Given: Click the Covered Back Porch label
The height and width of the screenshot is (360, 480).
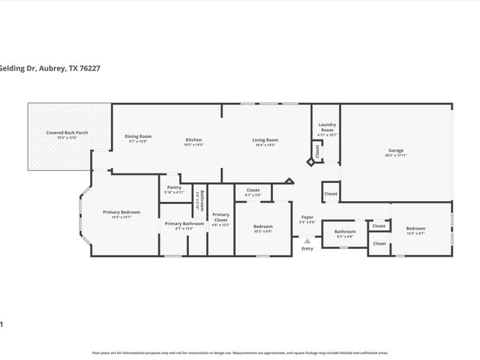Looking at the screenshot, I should point(67,133).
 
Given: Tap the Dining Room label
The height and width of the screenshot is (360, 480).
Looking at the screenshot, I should point(138,136).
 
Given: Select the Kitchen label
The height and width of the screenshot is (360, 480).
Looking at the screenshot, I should point(194,139).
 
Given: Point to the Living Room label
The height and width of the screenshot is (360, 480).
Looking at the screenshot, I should point(265,139).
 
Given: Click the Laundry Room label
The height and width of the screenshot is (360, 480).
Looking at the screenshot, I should point(327,127).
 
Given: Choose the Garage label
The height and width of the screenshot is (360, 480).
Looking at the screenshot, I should point(395,150).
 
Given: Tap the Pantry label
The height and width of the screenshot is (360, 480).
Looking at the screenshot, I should point(174,187).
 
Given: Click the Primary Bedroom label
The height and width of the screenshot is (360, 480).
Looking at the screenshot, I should point(121,212).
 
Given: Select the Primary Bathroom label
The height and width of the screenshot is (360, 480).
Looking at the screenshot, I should point(184,223).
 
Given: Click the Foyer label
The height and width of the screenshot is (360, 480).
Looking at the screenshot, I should point(307,217).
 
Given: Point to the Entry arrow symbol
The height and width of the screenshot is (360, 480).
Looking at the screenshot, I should point(307,241).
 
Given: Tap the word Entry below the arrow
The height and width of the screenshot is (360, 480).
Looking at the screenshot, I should point(307,248).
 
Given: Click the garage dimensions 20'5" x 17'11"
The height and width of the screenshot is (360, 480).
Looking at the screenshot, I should point(395,155).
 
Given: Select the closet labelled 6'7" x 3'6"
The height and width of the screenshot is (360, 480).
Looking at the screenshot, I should point(253,193).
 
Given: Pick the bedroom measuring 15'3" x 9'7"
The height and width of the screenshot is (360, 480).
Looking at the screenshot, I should point(415,231).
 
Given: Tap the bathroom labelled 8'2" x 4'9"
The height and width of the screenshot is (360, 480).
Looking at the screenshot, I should point(344,235).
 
